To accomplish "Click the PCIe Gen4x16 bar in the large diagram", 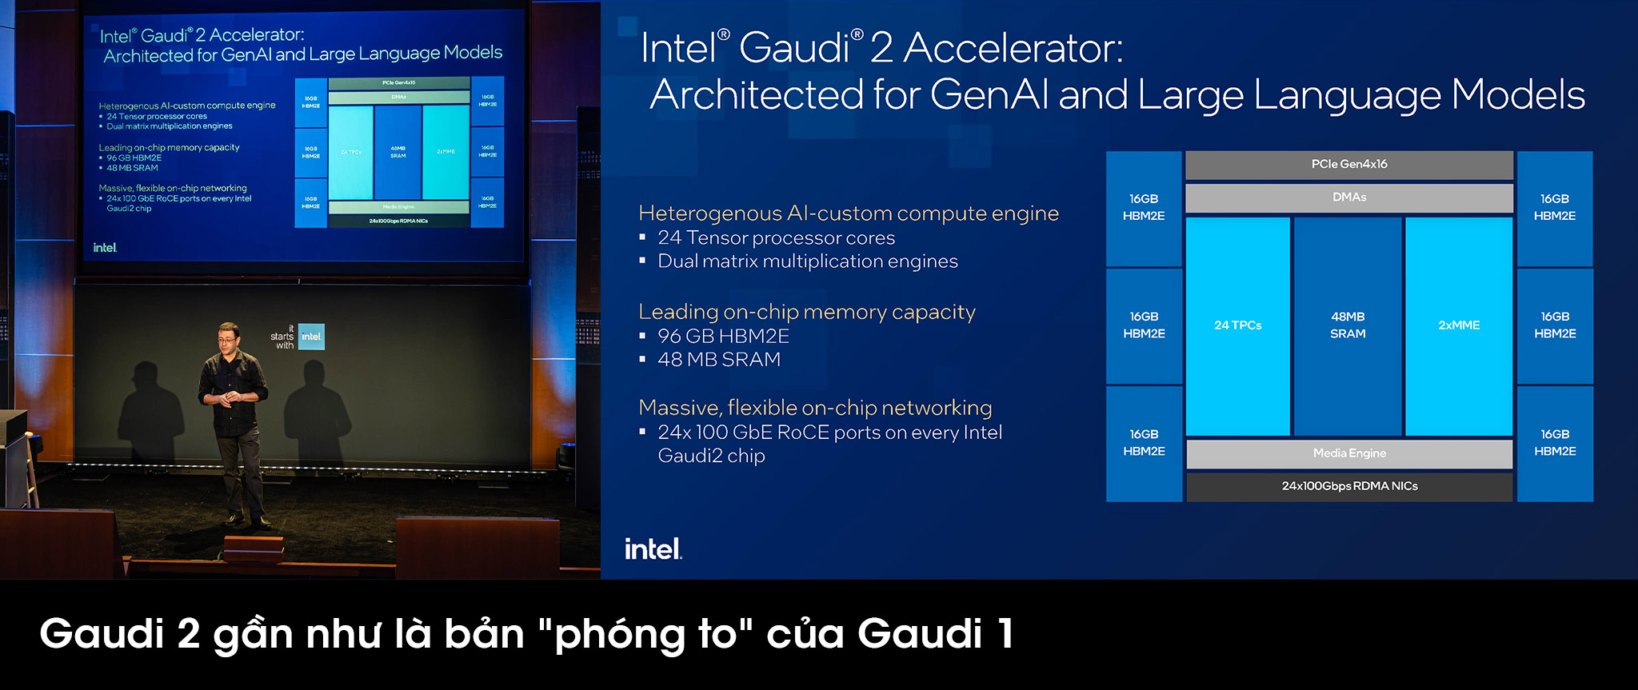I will (x=1349, y=165).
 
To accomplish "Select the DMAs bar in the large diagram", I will (x=1349, y=197).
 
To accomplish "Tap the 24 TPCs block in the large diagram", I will (x=1237, y=325).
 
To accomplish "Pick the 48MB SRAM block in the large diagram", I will (x=1348, y=325).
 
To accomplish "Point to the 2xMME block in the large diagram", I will (x=1459, y=325).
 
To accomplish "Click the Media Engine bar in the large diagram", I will (x=1349, y=453).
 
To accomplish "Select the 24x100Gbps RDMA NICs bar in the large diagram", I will (x=1349, y=486).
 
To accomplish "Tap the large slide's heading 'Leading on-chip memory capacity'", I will (x=806, y=312).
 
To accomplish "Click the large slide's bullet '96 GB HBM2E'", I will (x=723, y=337).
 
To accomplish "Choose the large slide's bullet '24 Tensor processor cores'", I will (x=776, y=238).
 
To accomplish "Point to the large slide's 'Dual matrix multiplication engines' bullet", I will (x=807, y=261).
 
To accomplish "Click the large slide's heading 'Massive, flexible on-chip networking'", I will (x=815, y=408).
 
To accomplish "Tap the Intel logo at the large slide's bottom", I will (x=653, y=549).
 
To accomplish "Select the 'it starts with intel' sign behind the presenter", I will (x=298, y=337).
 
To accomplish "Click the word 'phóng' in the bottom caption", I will (x=620, y=635).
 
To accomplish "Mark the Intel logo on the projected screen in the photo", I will (x=105, y=248).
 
